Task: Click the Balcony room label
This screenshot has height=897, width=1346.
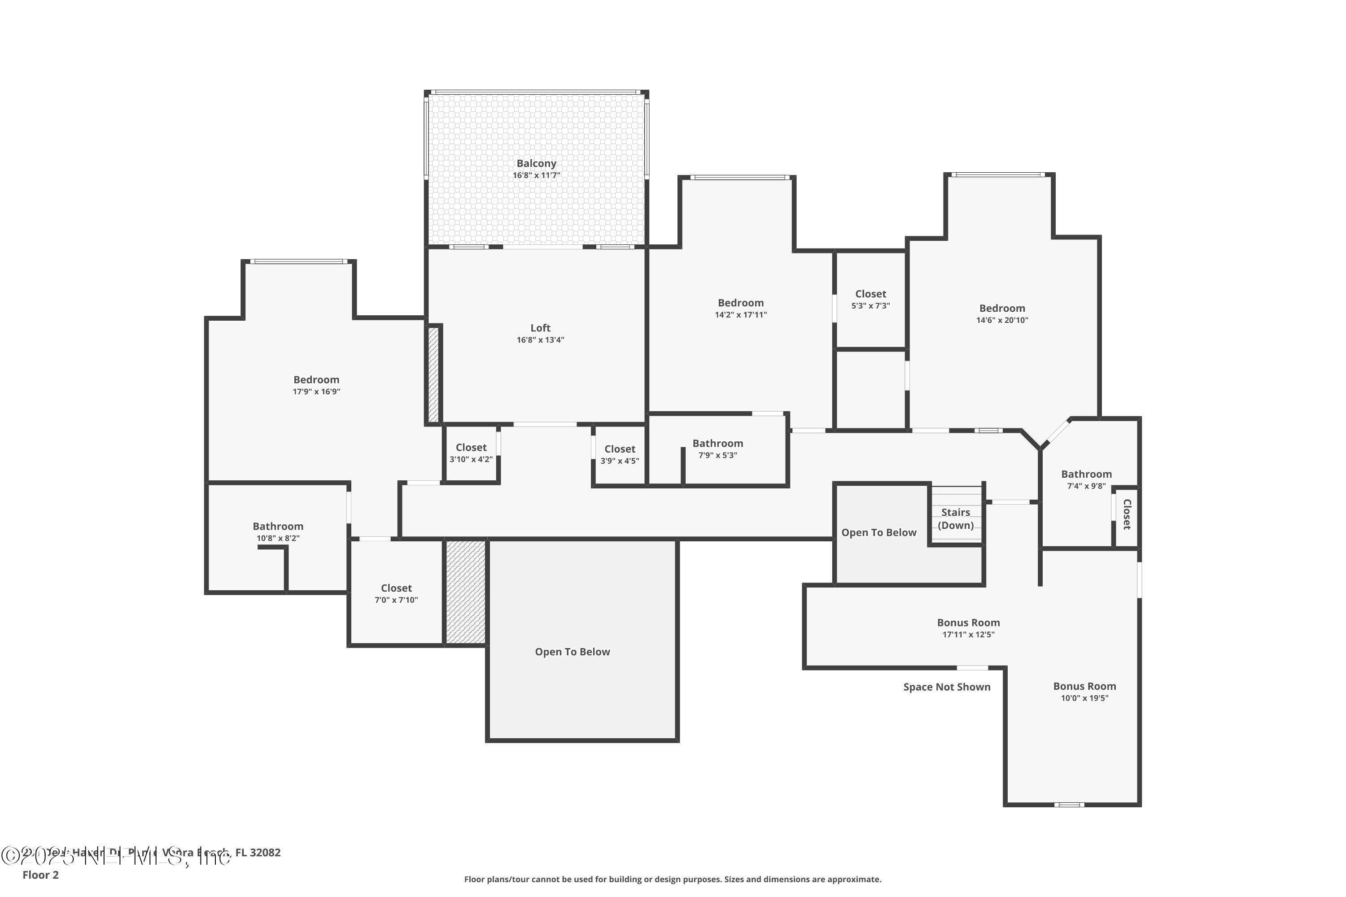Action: coord(536,164)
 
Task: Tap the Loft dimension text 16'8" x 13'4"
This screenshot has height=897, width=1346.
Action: coord(540,340)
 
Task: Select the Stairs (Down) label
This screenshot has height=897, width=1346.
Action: coord(955,519)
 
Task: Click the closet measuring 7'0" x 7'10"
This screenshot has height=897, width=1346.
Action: coord(396,593)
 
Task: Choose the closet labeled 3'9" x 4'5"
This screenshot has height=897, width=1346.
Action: coord(619,455)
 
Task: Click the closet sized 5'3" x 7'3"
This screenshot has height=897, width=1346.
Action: coord(870,299)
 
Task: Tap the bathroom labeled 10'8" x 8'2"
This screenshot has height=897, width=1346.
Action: coord(278,531)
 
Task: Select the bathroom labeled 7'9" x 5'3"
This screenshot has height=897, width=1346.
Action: coord(717,449)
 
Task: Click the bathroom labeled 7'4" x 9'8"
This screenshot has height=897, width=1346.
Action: coord(1086,479)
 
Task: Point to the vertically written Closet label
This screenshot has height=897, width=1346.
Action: coord(1126,514)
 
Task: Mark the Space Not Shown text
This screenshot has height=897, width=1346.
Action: coord(947,687)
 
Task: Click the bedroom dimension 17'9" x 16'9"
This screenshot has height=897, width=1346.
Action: coord(316,392)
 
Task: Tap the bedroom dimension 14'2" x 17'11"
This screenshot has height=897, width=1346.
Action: coord(741,315)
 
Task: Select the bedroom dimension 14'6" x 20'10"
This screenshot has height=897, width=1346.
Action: coord(1001,320)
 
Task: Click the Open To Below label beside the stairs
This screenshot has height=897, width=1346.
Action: coord(878,533)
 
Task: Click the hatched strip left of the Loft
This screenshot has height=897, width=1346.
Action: coord(433,374)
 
